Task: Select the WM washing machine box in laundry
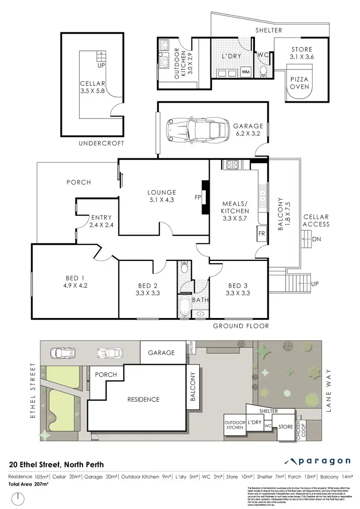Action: [246, 72]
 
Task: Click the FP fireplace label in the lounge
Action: [197, 197]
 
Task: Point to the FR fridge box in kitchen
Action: [262, 234]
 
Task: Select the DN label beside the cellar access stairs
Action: [315, 239]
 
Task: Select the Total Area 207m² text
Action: [29, 484]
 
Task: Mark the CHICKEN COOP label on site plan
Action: [299, 428]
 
